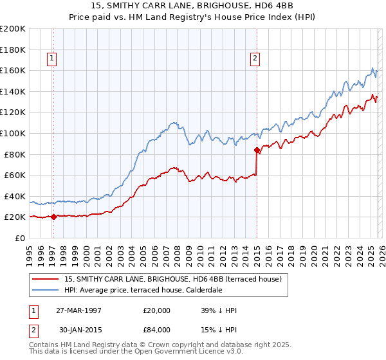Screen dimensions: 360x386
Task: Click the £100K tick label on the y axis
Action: (x=13, y=133)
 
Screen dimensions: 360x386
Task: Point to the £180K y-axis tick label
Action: (x=13, y=50)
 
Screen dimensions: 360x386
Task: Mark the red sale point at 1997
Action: (x=54, y=217)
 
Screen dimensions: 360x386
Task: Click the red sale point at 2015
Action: (x=257, y=150)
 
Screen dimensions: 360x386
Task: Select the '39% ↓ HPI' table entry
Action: (x=219, y=311)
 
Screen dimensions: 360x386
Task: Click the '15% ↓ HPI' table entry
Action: (x=219, y=329)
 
